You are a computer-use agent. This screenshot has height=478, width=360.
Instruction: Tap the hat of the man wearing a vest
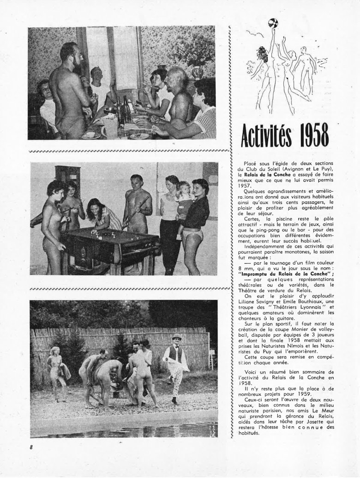coord(175,337)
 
